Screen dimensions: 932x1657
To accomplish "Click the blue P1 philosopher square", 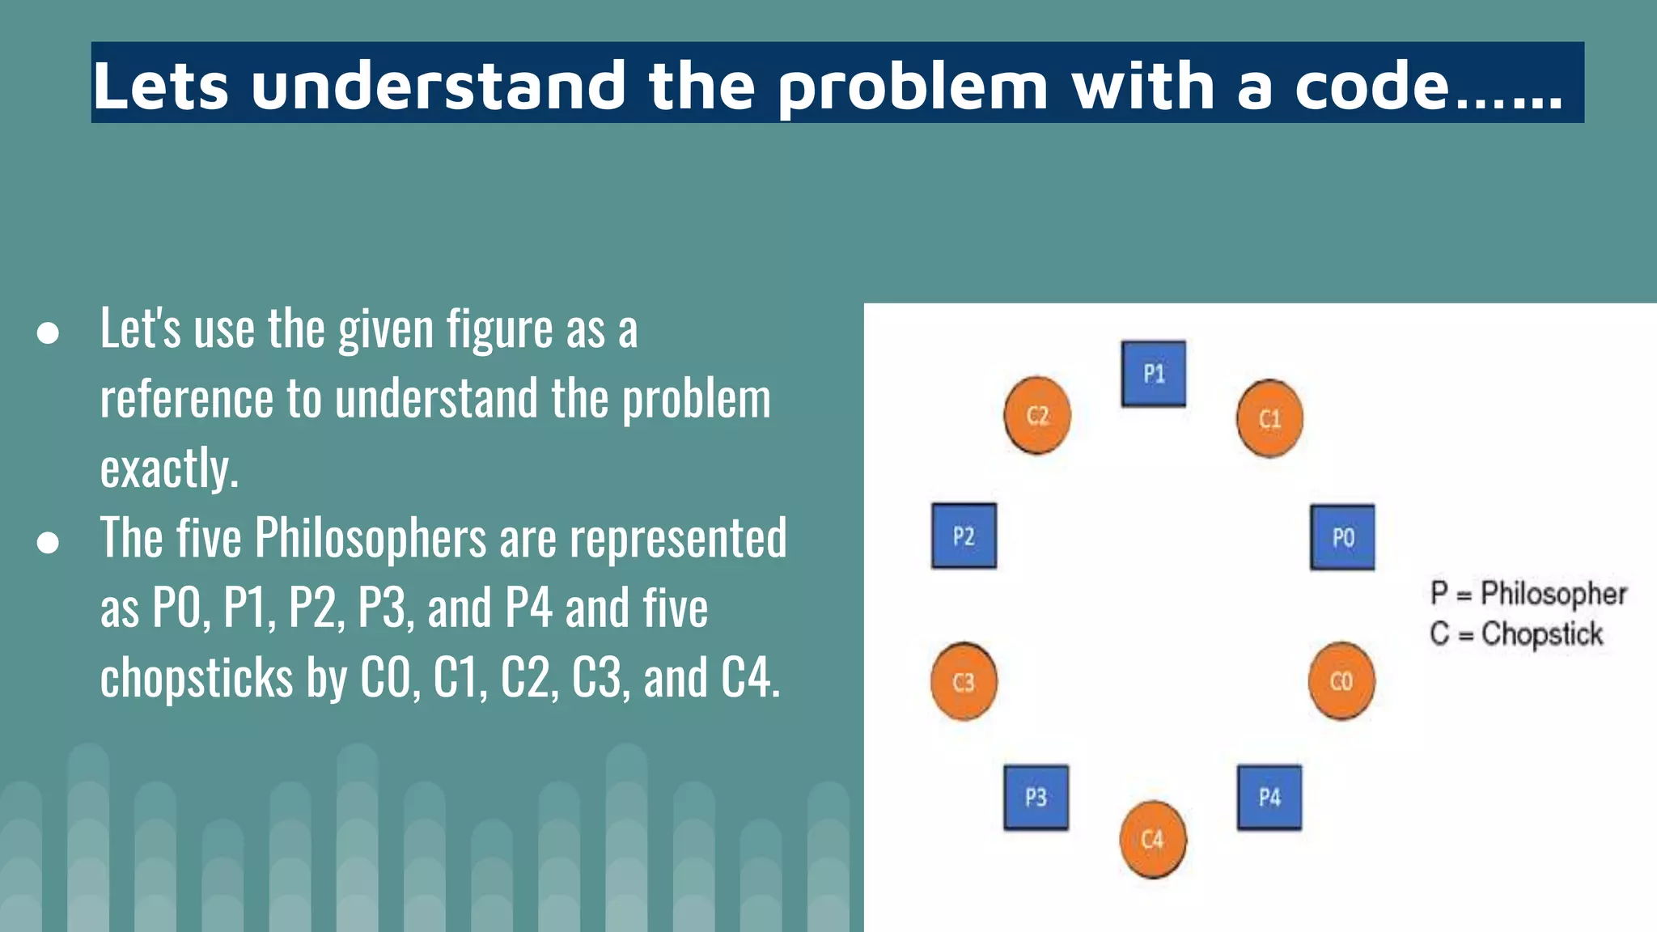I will (x=1153, y=374).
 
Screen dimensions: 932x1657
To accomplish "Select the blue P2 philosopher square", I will (x=964, y=536).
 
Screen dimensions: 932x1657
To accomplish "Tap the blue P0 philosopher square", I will (x=1342, y=537).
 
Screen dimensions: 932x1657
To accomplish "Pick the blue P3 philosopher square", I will (x=1036, y=797).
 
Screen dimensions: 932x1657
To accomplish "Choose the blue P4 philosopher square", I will (x=1269, y=797).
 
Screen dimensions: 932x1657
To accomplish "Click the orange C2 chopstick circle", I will (x=1037, y=415).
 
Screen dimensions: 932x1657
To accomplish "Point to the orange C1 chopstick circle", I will (x=1269, y=418).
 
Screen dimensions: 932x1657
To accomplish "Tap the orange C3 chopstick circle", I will (x=964, y=682).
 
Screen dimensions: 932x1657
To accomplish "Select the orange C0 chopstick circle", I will (x=1341, y=681).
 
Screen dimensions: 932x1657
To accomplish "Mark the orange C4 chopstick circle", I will (x=1153, y=839).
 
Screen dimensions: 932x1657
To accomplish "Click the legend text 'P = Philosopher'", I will (x=1528, y=593).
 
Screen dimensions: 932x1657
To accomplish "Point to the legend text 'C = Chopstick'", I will (x=1516, y=633).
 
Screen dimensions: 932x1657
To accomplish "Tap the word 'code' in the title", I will (x=1371, y=85).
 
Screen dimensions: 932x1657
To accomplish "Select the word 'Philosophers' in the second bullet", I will (x=371, y=538).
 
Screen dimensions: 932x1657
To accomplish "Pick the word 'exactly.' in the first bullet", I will (x=169, y=468).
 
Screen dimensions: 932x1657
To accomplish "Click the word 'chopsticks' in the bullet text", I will (x=196, y=677).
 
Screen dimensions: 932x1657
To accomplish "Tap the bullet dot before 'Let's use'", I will (x=48, y=333).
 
